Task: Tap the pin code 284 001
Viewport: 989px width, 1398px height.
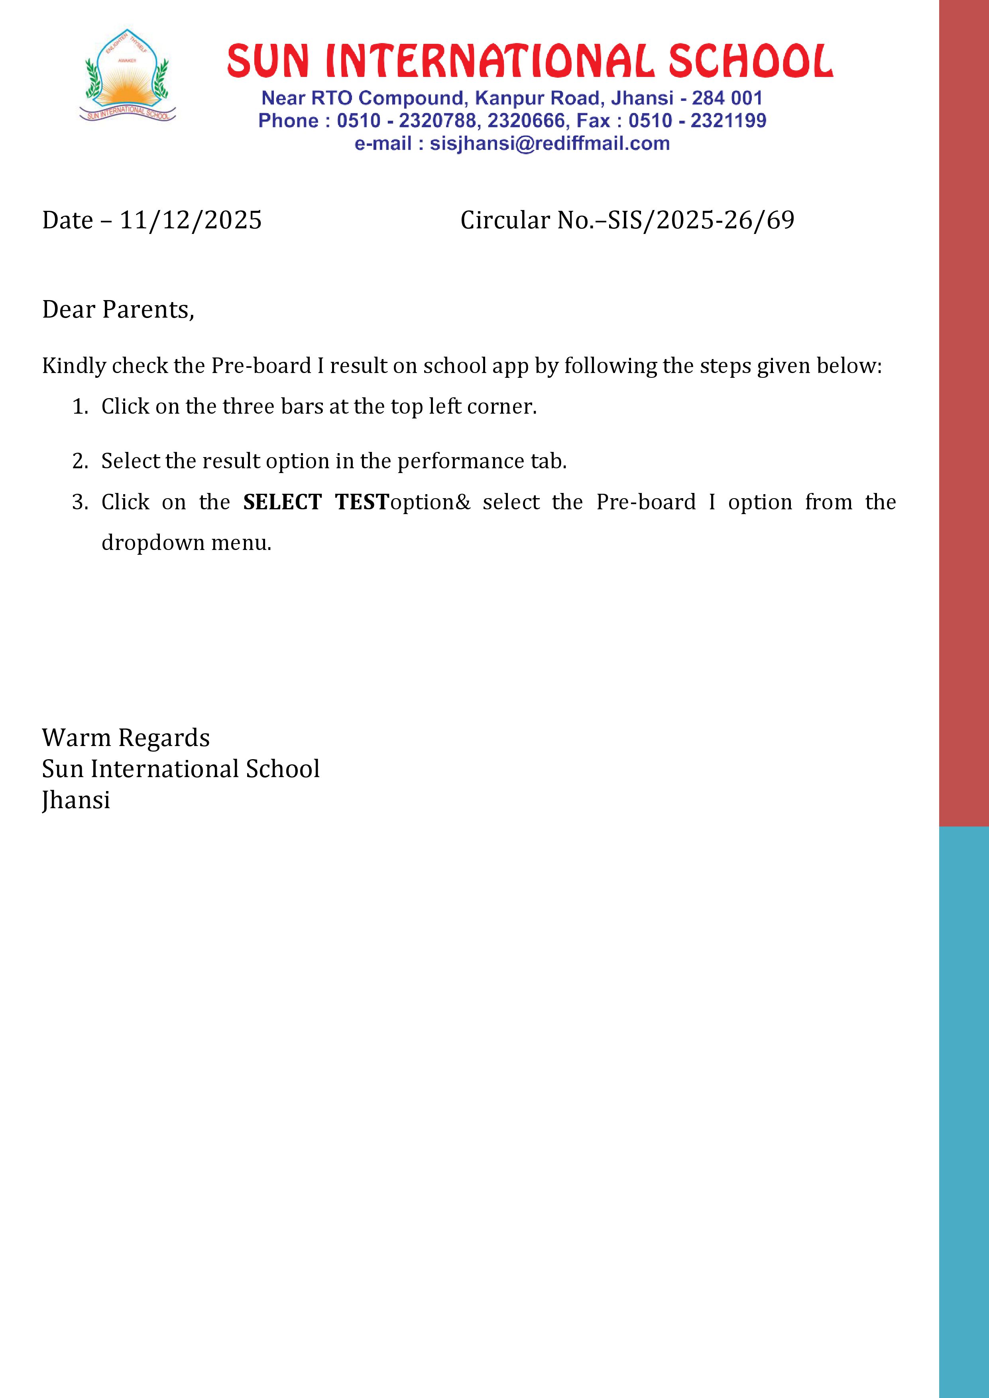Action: tap(727, 98)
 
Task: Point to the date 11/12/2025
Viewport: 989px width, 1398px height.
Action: tap(191, 220)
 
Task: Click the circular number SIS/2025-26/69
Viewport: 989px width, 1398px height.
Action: tap(701, 220)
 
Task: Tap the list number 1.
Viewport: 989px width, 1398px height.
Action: tap(79, 407)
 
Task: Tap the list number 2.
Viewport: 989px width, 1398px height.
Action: tap(79, 461)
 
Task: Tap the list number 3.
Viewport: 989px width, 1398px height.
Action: tap(79, 502)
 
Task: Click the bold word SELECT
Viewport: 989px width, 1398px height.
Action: tap(282, 502)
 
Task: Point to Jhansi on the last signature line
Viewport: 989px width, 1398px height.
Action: tap(76, 801)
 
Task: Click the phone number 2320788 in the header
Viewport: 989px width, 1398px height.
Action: tap(436, 121)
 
